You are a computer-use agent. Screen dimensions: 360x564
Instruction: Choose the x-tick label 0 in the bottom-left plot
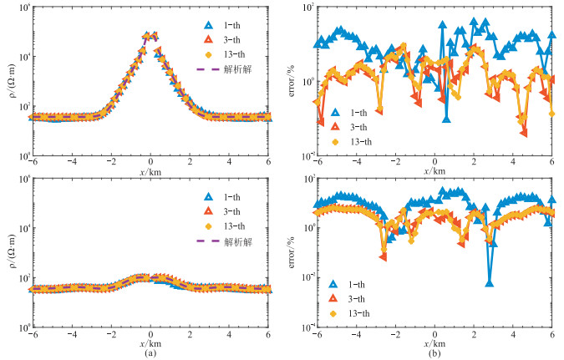pos(151,334)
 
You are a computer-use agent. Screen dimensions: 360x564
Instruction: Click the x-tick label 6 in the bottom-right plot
pos(553,334)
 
